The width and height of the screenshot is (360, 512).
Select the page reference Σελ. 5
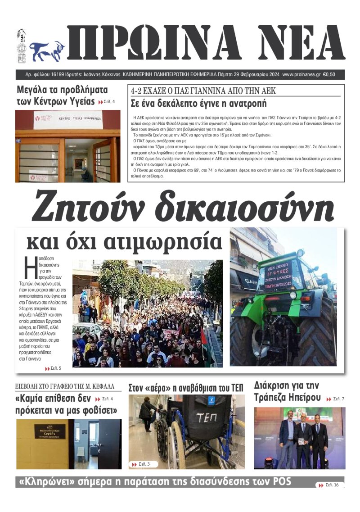(x=55, y=368)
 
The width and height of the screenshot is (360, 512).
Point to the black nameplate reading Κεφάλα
(x=50, y=431)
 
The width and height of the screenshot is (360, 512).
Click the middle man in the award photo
(x=303, y=435)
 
